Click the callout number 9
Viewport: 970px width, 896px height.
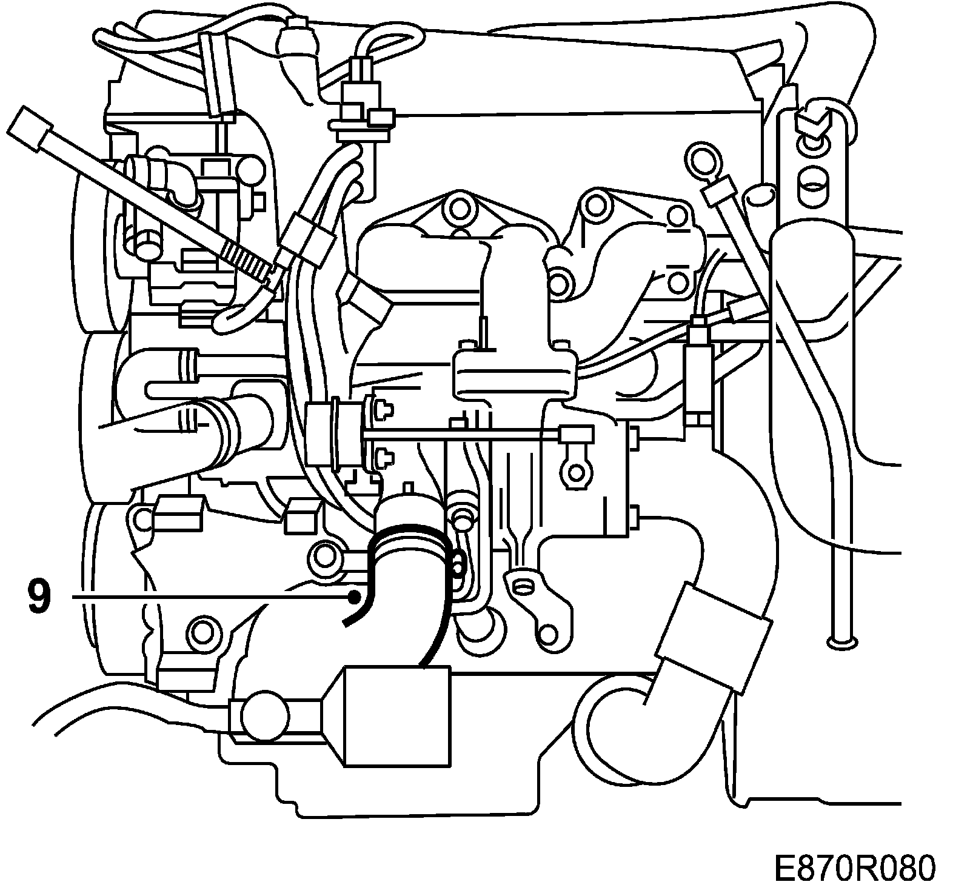(37, 597)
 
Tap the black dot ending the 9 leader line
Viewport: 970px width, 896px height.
(353, 598)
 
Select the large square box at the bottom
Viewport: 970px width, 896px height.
(397, 715)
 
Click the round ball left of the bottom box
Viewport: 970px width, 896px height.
(259, 715)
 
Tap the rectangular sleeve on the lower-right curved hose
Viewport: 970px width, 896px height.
(713, 637)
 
